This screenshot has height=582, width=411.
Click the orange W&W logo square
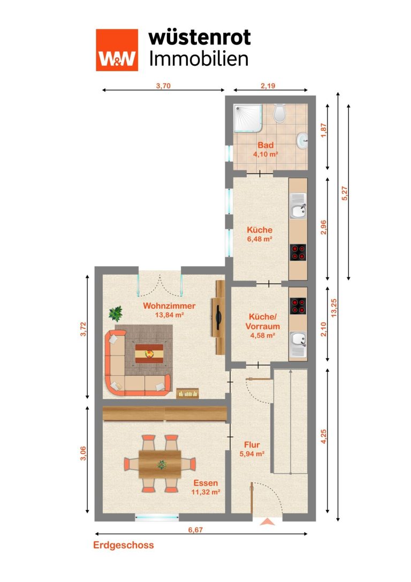point(117,50)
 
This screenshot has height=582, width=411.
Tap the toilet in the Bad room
point(279,113)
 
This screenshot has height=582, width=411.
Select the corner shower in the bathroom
point(248,118)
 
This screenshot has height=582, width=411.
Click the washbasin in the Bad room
point(302,140)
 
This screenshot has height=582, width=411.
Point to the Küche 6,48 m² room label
point(260,234)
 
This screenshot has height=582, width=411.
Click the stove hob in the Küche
point(298,252)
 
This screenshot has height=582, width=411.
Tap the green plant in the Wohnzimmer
point(116,314)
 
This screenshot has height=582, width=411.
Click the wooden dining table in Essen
point(160,464)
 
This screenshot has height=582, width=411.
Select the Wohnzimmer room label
point(169,306)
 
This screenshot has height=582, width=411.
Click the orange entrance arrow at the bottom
point(267,522)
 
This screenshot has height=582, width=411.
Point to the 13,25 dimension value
point(334,308)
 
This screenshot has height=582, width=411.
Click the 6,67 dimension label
point(195,530)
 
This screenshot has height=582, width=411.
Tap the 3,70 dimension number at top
point(163,86)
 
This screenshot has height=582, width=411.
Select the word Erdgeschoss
point(124,545)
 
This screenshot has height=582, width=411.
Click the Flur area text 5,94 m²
point(252,453)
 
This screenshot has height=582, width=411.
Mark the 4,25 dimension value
point(324,436)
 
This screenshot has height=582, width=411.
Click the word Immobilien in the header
point(199,59)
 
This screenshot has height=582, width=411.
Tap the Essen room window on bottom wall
point(157,517)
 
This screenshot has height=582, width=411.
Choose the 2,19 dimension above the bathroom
point(268,86)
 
